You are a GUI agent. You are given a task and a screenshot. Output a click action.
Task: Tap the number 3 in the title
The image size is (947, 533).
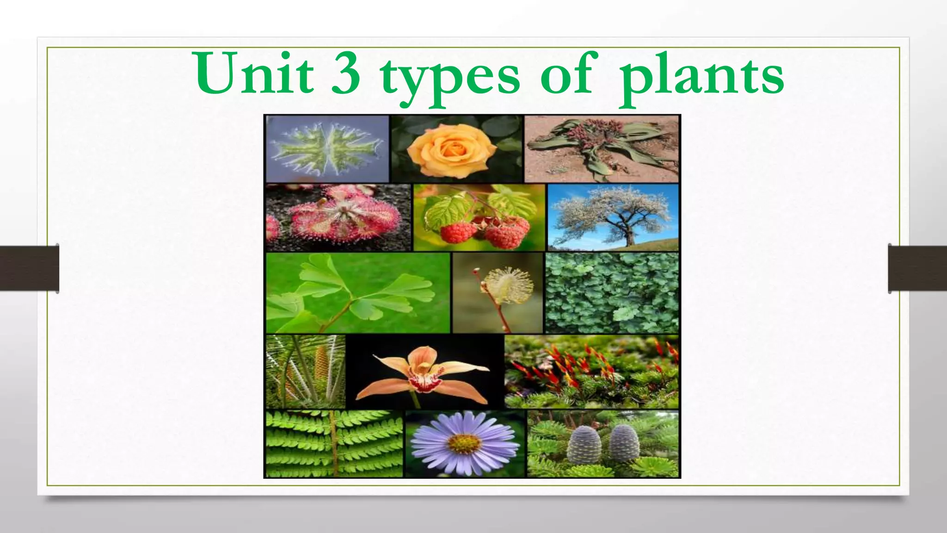pos(346,74)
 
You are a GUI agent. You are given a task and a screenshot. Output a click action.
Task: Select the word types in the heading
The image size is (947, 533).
pos(450,76)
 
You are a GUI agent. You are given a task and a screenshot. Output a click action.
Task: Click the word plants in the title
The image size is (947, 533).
pos(701,76)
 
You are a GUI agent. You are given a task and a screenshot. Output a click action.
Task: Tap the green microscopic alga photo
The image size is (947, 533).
pos(327,148)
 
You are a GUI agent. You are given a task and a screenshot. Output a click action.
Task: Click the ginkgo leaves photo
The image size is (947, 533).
pos(357,292)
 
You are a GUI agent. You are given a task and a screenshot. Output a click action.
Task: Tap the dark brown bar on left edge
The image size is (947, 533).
pos(29,268)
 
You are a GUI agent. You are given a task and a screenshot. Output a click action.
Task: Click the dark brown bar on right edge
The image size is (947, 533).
pos(917,268)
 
